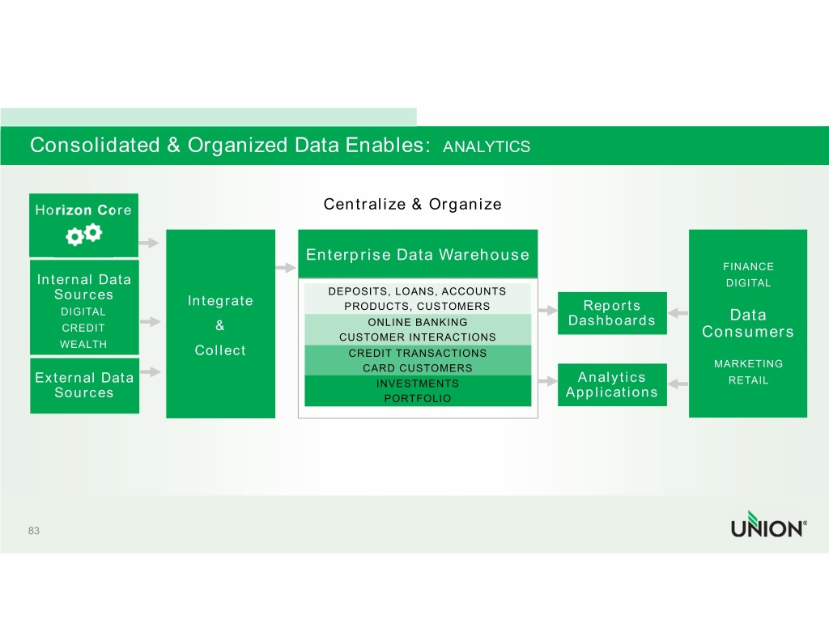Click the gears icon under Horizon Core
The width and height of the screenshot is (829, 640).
click(x=83, y=235)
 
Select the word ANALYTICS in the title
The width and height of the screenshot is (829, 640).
click(x=487, y=146)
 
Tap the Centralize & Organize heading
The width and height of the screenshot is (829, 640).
click(x=412, y=204)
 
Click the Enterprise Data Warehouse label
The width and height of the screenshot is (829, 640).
click(x=418, y=255)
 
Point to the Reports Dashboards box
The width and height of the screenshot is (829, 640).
click(x=612, y=313)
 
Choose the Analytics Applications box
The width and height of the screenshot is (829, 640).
click(x=612, y=385)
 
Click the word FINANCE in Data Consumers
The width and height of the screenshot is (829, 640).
click(x=748, y=266)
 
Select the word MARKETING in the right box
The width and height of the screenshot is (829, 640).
click(x=748, y=364)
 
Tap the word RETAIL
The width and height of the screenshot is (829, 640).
click(x=748, y=380)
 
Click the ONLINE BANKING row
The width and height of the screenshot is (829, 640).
click(x=418, y=322)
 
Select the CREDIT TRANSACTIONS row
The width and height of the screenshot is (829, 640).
click(x=418, y=354)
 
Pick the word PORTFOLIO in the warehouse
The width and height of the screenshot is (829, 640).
click(x=418, y=399)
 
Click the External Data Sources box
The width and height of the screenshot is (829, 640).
click(x=83, y=385)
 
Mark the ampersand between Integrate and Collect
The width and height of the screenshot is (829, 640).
click(x=219, y=326)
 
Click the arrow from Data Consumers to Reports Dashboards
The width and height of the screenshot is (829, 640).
click(x=678, y=313)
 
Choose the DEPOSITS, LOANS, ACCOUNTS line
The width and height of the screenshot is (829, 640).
click(x=418, y=291)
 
